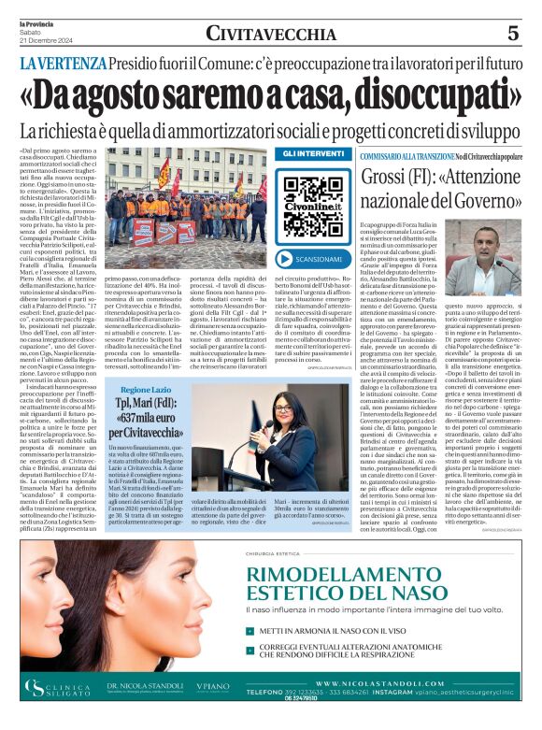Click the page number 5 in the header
click(512, 34)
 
